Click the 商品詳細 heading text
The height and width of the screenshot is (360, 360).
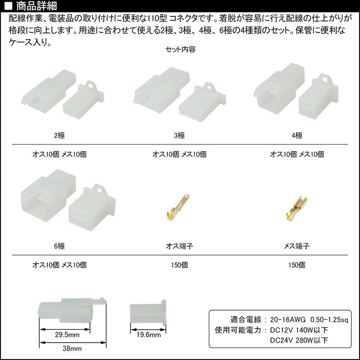tap(37, 6)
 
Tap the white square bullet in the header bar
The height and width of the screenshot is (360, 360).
tap(9, 6)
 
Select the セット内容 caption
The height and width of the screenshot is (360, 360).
tap(181, 49)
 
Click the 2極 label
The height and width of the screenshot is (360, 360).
tap(60, 135)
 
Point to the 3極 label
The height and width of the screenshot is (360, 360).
tap(179, 135)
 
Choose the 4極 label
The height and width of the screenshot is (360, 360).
tap(297, 135)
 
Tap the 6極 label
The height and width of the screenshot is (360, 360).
tap(60, 246)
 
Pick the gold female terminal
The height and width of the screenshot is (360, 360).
tap(297, 208)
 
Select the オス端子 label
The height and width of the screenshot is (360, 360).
tap(179, 246)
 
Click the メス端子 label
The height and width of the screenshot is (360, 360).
tap(297, 246)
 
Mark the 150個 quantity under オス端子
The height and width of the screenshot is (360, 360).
tap(179, 265)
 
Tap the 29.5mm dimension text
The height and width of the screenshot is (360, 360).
tap(67, 335)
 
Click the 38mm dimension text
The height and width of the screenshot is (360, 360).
tap(72, 349)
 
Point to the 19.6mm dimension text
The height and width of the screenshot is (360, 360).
tap(148, 335)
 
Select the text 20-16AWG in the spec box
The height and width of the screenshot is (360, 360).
tap(288, 319)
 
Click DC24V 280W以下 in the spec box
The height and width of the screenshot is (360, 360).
tap(299, 340)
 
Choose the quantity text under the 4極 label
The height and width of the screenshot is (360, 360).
tap(297, 154)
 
